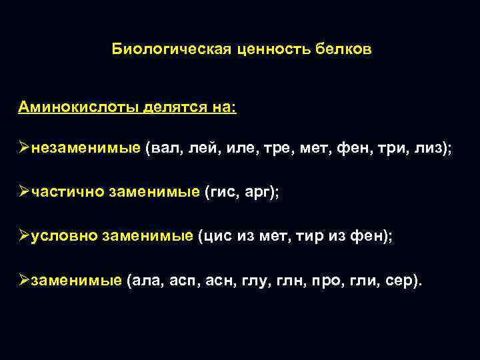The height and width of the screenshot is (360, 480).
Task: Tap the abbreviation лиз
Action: click(x=429, y=149)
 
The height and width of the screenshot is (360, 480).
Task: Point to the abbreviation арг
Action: click(x=261, y=192)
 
